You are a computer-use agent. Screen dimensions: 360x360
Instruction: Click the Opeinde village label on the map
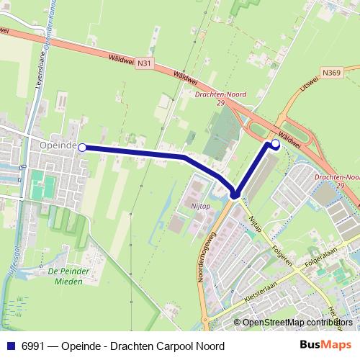(59, 145)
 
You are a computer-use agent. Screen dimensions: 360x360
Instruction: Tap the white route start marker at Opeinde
(82, 148)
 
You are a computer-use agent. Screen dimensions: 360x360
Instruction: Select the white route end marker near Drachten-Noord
(275, 144)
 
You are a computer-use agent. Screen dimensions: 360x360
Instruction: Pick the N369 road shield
(332, 72)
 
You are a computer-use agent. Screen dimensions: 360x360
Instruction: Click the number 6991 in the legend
(30, 346)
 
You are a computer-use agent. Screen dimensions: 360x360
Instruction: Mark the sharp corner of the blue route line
(234, 193)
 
